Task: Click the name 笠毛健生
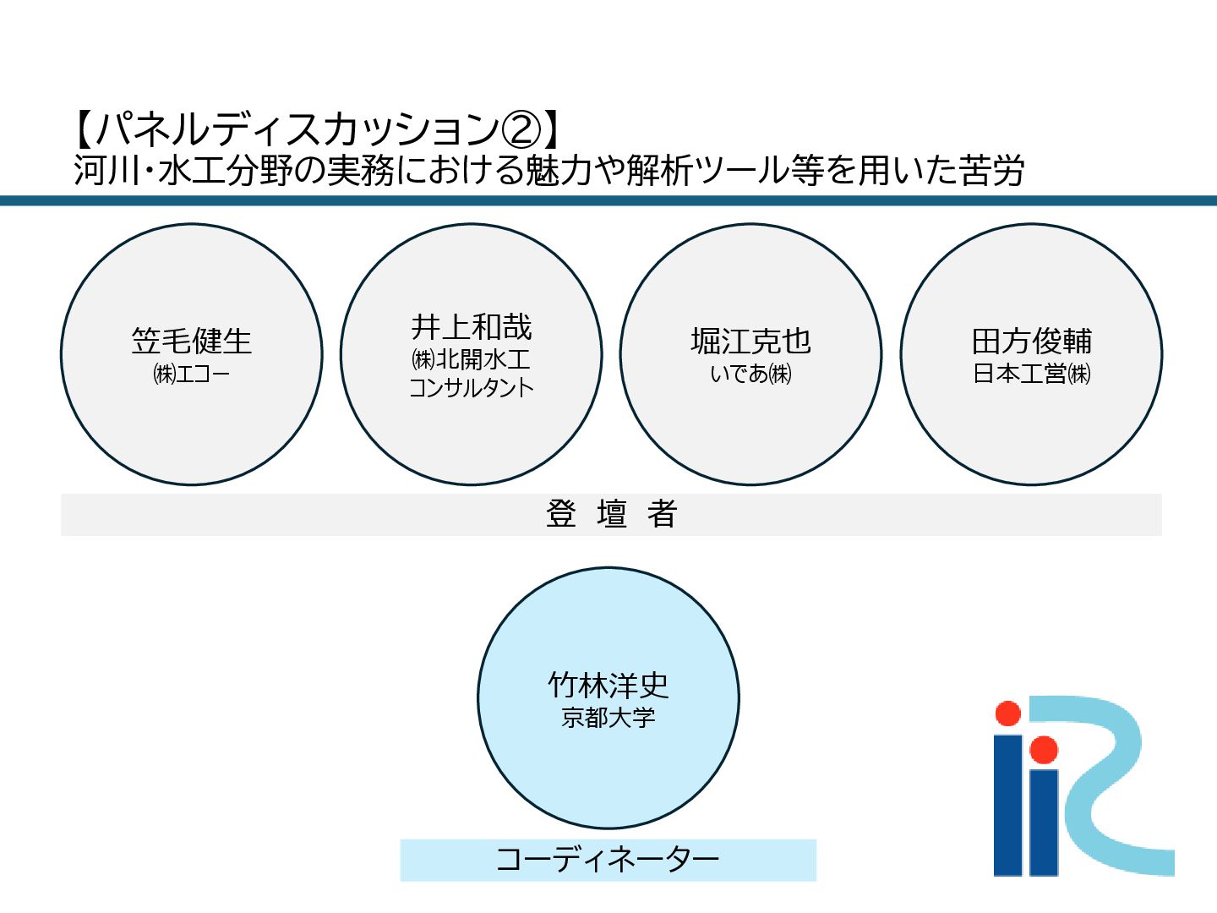(192, 342)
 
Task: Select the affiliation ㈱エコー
(192, 374)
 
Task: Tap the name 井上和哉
(472, 327)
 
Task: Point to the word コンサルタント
(472, 388)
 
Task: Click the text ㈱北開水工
(472, 359)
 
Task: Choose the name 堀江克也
(750, 342)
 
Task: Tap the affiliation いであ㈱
(750, 374)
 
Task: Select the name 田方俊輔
(1032, 342)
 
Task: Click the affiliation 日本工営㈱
(1032, 374)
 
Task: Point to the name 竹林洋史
(608, 685)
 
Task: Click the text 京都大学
(608, 718)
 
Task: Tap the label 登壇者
(611, 514)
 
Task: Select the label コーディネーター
(608, 860)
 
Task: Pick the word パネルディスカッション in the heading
(296, 130)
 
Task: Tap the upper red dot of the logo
(1007, 713)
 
